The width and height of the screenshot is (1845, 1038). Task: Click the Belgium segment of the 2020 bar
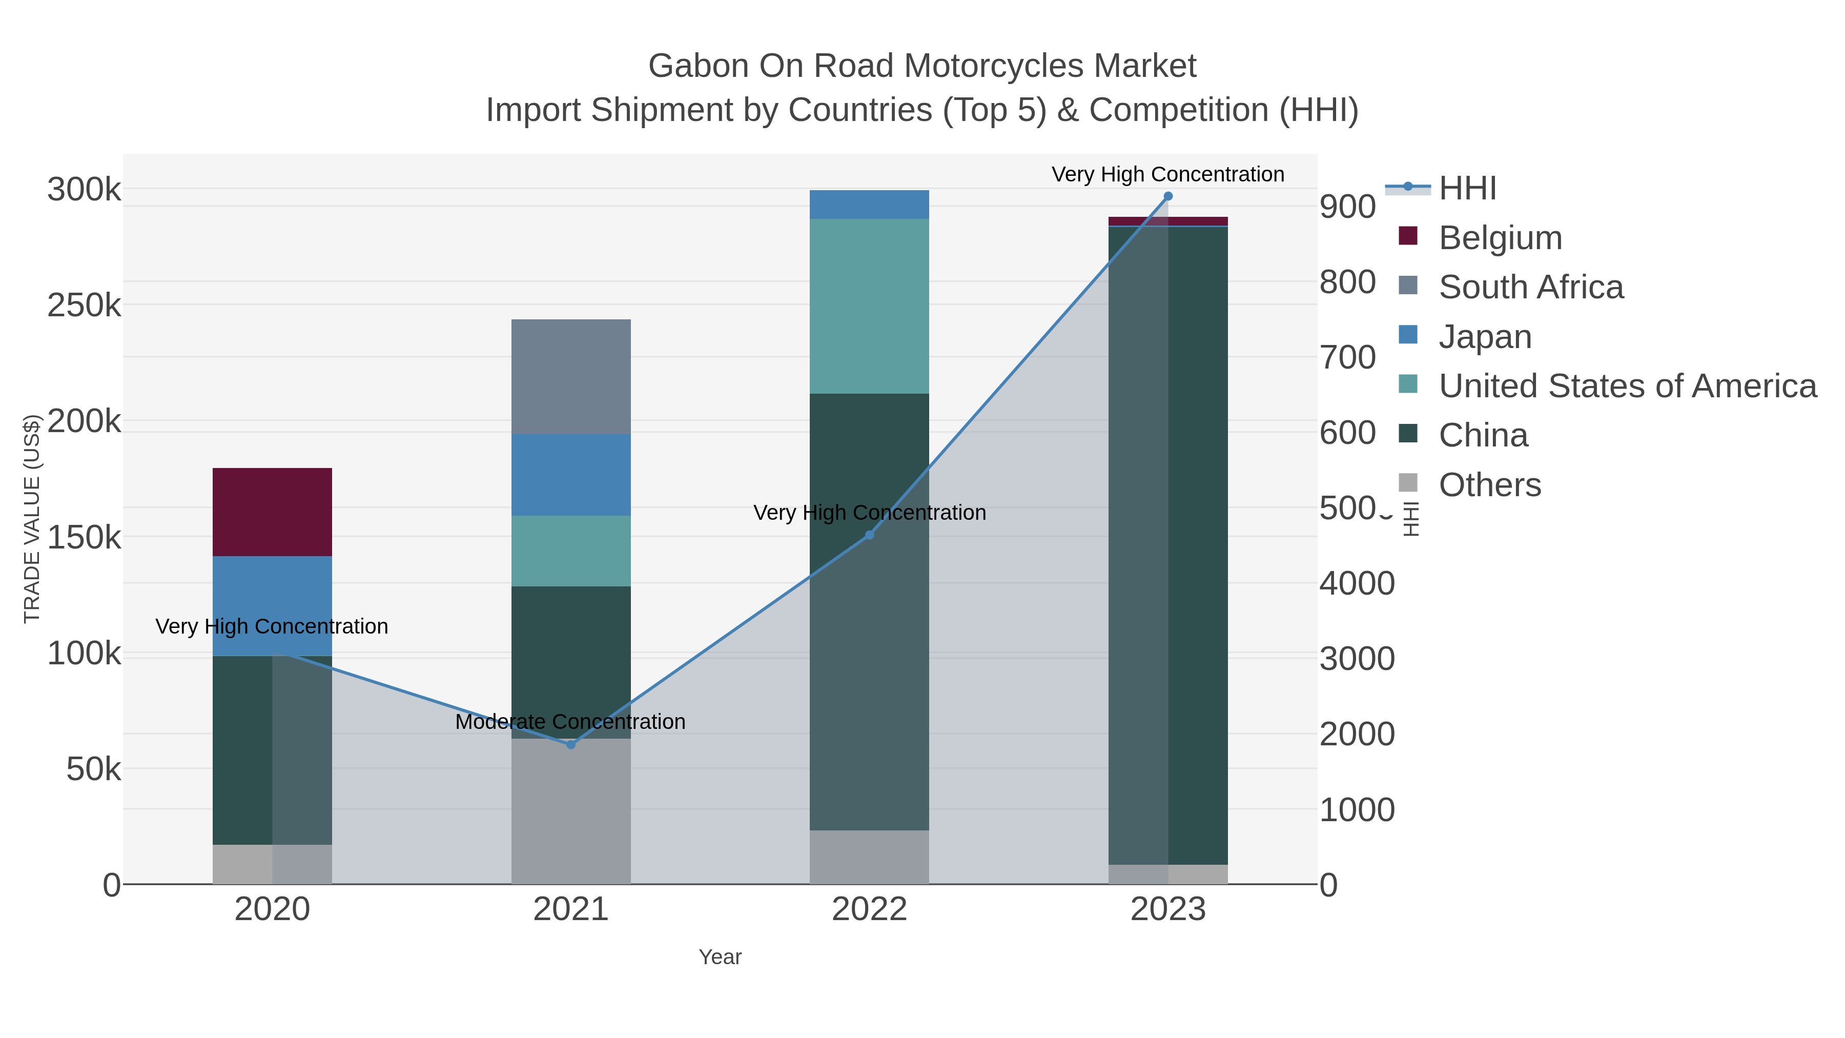click(272, 512)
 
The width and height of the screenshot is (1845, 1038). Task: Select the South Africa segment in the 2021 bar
click(571, 376)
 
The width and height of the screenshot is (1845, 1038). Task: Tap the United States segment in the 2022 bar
click(869, 306)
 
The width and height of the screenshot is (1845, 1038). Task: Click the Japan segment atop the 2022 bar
click(869, 204)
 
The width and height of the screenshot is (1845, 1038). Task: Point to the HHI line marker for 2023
click(1168, 196)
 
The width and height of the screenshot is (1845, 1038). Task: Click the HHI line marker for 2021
click(571, 745)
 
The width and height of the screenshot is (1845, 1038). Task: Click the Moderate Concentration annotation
click(570, 721)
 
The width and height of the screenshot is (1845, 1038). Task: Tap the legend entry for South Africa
click(1530, 287)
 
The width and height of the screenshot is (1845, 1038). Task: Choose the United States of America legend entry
click(1627, 386)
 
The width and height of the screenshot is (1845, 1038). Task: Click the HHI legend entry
click(1467, 189)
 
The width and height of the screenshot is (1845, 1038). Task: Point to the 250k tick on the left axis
click(84, 306)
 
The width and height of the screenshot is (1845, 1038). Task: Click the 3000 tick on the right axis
click(1357, 659)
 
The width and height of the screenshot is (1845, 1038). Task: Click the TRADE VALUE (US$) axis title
click(32, 519)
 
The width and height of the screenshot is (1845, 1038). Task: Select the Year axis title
click(720, 957)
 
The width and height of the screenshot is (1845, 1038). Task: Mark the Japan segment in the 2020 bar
click(272, 605)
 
